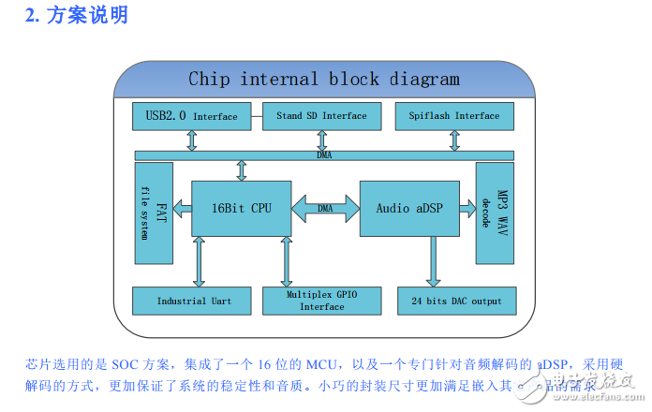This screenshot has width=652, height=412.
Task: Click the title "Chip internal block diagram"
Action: pyautogui.click(x=324, y=79)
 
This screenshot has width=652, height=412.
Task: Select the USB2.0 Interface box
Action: pyautogui.click(x=192, y=116)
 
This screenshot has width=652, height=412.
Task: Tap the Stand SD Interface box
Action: pyautogui.click(x=322, y=116)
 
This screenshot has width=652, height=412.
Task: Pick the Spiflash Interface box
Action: pyautogui.click(x=454, y=116)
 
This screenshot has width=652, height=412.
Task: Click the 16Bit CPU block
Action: pyautogui.click(x=241, y=208)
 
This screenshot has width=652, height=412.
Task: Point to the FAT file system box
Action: pyautogui.click(x=153, y=213)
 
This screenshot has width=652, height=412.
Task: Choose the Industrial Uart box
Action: pyautogui.click(x=194, y=301)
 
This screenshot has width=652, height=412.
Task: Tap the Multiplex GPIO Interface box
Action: pyautogui.click(x=322, y=301)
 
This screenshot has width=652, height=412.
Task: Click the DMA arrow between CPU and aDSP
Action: pyautogui.click(x=325, y=208)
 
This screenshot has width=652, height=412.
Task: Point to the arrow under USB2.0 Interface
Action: pyautogui.click(x=192, y=140)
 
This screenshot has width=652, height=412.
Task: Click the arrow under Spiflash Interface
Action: pyautogui.click(x=454, y=140)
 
